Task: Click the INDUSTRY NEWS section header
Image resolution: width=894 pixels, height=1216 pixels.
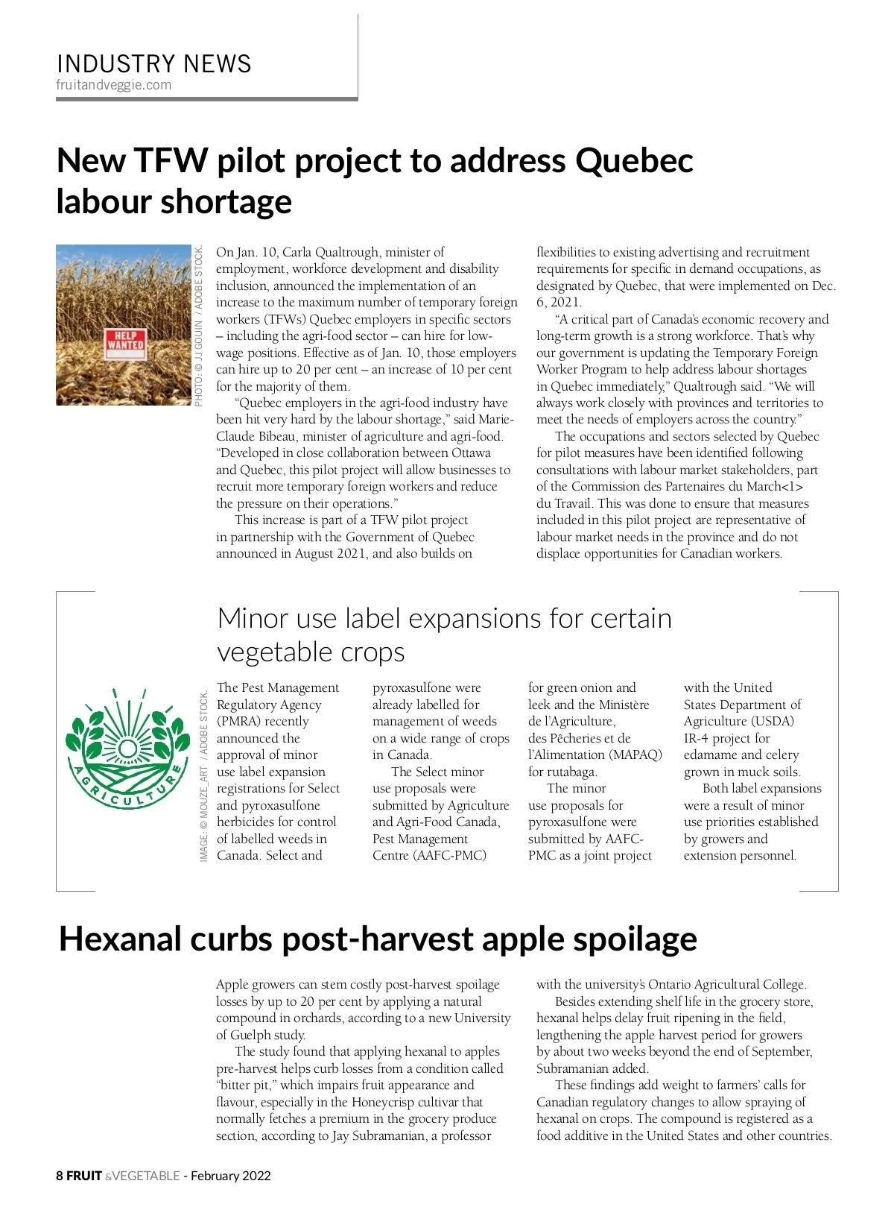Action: (153, 64)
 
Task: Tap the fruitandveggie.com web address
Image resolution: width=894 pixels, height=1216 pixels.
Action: (113, 85)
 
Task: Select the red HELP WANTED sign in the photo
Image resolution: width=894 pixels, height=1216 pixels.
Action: (125, 341)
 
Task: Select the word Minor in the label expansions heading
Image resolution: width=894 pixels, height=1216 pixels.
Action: (253, 619)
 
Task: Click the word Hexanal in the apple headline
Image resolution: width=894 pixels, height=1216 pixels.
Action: (121, 939)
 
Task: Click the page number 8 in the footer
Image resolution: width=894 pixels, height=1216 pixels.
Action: (60, 1176)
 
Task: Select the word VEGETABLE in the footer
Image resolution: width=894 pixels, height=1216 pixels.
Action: (146, 1176)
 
